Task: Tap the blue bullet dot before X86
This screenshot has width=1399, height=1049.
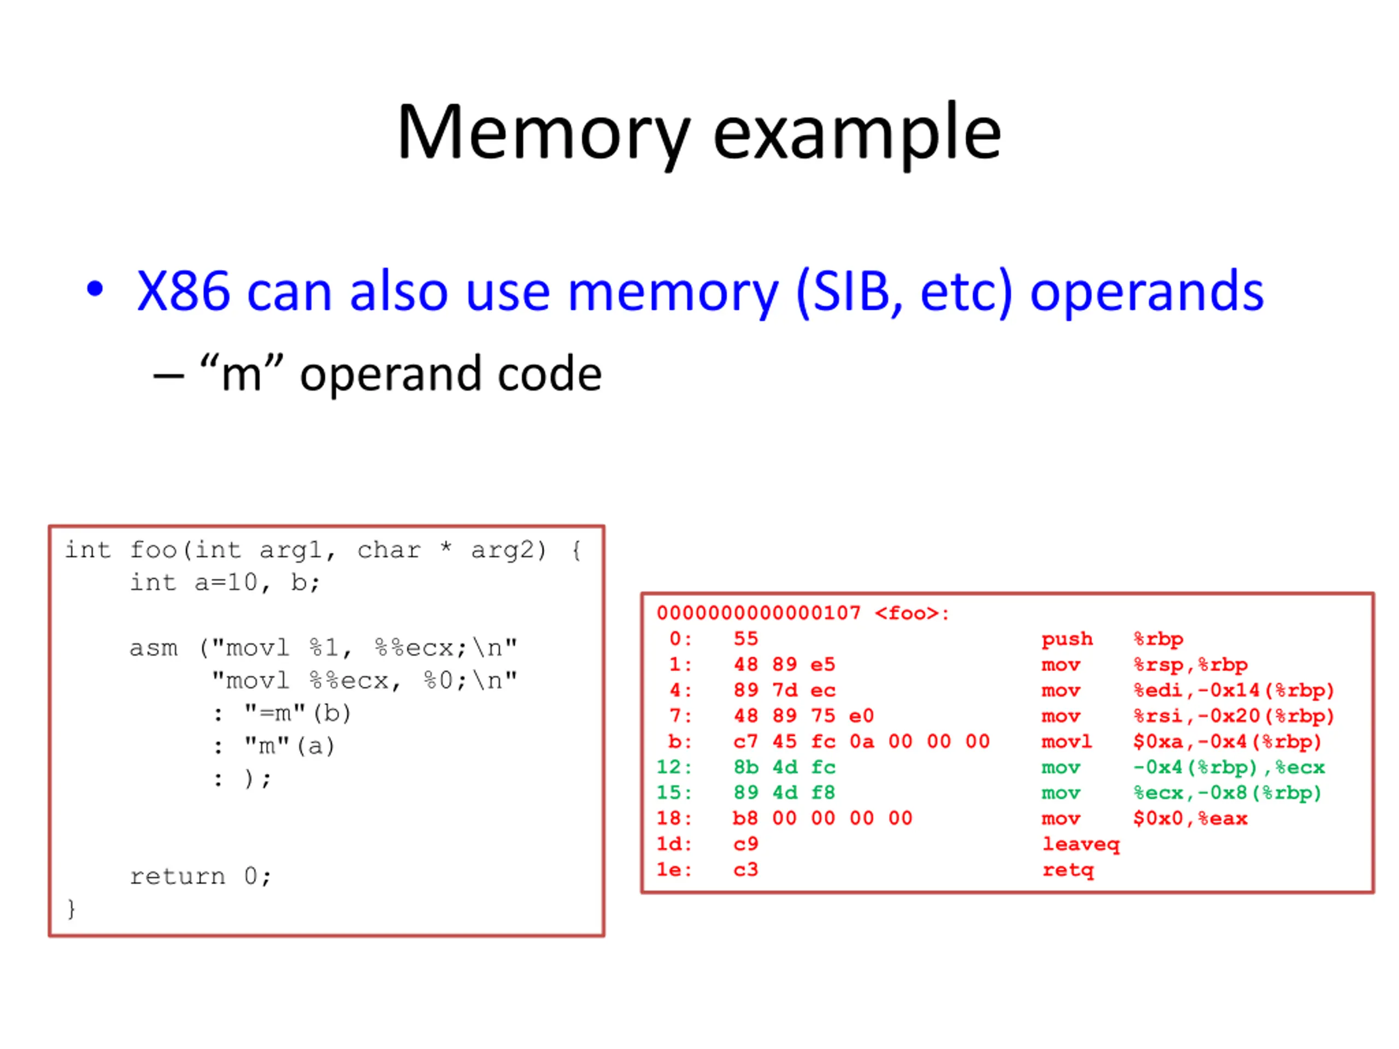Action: click(x=95, y=290)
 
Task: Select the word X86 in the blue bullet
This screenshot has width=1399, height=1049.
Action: click(x=184, y=292)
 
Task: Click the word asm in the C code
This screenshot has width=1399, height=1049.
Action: click(x=154, y=648)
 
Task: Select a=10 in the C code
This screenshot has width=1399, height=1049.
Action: click(x=226, y=582)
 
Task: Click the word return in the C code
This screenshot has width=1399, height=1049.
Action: click(x=178, y=877)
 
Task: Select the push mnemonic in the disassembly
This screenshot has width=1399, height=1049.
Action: click(x=1067, y=639)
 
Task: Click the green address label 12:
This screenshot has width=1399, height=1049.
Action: click(x=674, y=768)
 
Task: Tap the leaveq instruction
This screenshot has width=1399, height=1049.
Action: click(x=1081, y=845)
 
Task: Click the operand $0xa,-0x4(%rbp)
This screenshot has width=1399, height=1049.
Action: click(x=1227, y=742)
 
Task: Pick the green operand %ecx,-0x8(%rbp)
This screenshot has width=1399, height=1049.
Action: click(x=1227, y=793)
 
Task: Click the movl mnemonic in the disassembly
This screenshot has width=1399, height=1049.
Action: click(x=1067, y=742)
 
